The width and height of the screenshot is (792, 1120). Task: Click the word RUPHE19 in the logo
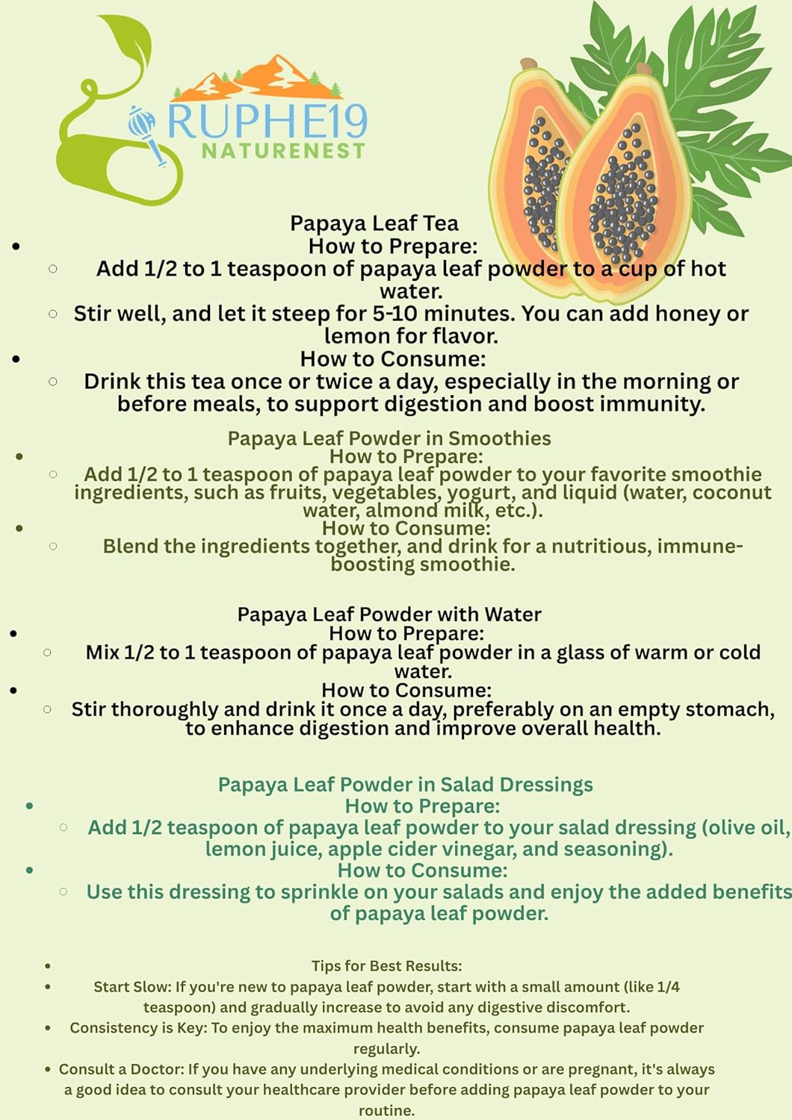click(267, 122)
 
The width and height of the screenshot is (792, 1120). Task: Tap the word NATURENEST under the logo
click(283, 152)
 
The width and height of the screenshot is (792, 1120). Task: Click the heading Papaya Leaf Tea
click(374, 223)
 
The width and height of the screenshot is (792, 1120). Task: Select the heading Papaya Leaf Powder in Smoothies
click(389, 438)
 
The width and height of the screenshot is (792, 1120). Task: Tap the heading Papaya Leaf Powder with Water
click(389, 615)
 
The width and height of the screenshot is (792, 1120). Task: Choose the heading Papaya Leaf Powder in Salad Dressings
click(405, 785)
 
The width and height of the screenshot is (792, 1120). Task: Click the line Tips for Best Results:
click(386, 966)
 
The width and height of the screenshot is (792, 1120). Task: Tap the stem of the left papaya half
click(529, 64)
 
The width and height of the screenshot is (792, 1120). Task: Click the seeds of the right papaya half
click(622, 194)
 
